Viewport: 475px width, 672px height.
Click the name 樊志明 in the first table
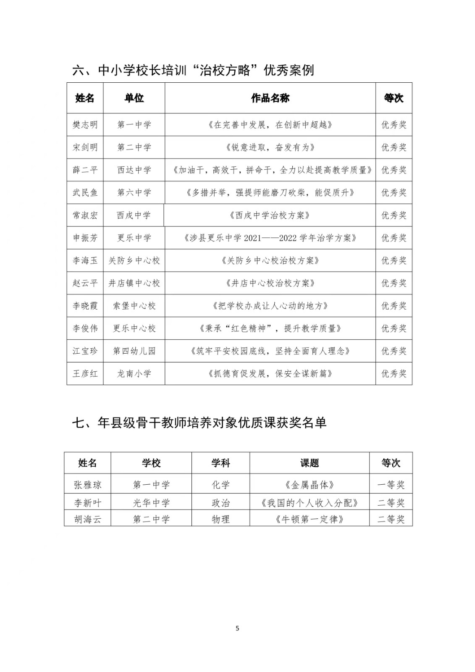coord(85,125)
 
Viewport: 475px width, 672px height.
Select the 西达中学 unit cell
coord(134,170)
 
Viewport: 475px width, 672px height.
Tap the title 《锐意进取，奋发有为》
coord(270,147)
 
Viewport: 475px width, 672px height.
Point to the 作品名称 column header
coord(270,98)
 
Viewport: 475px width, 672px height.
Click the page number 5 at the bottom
coord(237,628)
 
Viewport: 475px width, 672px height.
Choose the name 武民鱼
coord(85,193)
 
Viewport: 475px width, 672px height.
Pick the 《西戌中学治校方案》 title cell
coord(270,215)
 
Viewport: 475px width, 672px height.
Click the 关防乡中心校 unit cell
coord(134,261)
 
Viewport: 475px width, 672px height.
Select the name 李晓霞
coord(85,306)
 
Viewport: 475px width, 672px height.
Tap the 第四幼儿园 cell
coord(134,351)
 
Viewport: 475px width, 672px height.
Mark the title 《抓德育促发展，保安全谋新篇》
coord(270,374)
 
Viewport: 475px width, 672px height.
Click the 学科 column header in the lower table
coord(220,463)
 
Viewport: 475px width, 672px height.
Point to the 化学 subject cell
coord(220,485)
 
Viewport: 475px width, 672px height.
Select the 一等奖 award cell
coord(391,485)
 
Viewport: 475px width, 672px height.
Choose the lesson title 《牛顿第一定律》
coord(310,520)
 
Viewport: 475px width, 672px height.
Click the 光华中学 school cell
coord(151,503)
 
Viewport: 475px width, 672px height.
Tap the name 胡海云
coord(87,520)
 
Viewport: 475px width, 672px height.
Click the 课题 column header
coord(310,463)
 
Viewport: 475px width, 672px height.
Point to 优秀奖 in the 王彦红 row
coord(394,374)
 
